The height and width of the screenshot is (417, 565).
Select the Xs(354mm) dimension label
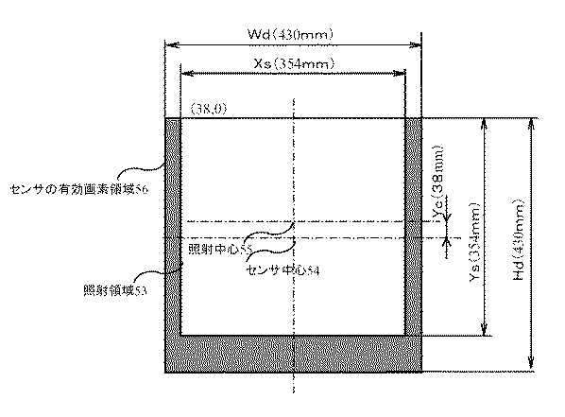tap(293, 63)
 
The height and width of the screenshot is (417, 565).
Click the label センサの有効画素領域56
tap(80, 190)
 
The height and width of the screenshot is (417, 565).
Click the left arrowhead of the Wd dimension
tap(169, 43)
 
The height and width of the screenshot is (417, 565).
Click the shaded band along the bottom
tap(293, 354)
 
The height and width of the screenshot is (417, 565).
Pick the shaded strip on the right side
tap(413, 227)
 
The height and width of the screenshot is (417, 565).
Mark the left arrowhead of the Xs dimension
tap(183, 73)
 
